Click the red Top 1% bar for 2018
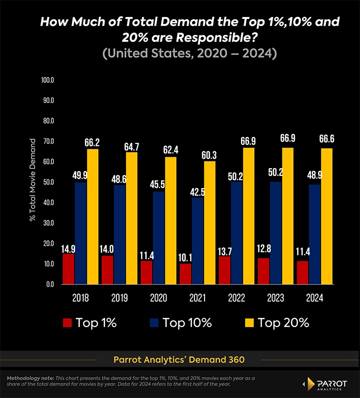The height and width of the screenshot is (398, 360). coord(68,269)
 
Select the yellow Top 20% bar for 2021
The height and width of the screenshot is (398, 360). coord(209,223)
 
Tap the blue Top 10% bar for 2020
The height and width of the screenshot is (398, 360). coord(158,238)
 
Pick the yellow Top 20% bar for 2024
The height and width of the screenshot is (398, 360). coord(326,216)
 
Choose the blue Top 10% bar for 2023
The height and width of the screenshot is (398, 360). coord(275,233)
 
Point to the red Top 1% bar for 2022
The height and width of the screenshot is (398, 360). coord(224,270)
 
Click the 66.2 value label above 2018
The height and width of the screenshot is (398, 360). coord(92,143)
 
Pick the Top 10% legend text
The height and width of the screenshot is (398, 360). coord(187,323)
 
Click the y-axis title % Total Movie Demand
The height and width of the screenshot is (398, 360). coord(32,180)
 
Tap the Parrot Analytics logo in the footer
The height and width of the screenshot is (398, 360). coord(327,384)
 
